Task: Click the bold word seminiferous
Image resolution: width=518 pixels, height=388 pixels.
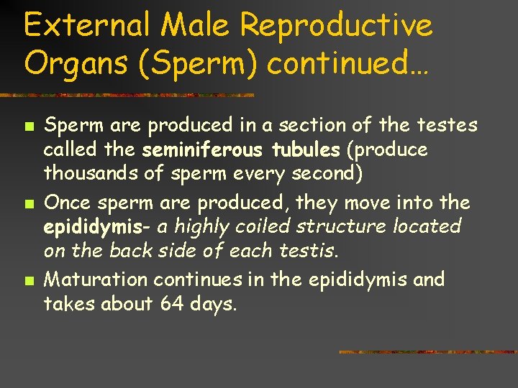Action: [203, 151]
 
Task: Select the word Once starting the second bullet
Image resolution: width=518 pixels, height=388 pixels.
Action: [65, 203]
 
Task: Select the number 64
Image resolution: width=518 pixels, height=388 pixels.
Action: [172, 305]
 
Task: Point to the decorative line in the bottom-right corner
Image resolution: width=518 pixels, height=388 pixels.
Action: [427, 352]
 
